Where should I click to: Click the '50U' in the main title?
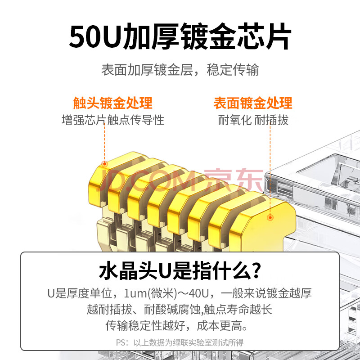pyautogui.click(x=95, y=37)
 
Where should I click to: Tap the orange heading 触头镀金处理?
pyautogui.click(x=113, y=103)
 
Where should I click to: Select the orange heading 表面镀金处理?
pyautogui.click(x=253, y=103)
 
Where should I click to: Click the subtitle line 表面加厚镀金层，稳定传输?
pyautogui.click(x=180, y=70)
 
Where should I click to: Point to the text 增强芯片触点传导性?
pyautogui.click(x=113, y=120)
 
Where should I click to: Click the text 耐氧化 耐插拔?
pyautogui.click(x=253, y=120)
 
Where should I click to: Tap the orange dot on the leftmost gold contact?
pyautogui.click(x=104, y=164)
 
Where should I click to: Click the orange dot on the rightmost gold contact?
pyautogui.click(x=270, y=217)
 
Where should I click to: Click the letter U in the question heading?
pyautogui.click(x=165, y=271)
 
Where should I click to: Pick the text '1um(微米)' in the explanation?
pyautogui.click(x=151, y=293)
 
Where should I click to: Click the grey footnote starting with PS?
pyautogui.click(x=180, y=342)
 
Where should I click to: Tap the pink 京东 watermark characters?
pyautogui.click(x=234, y=180)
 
